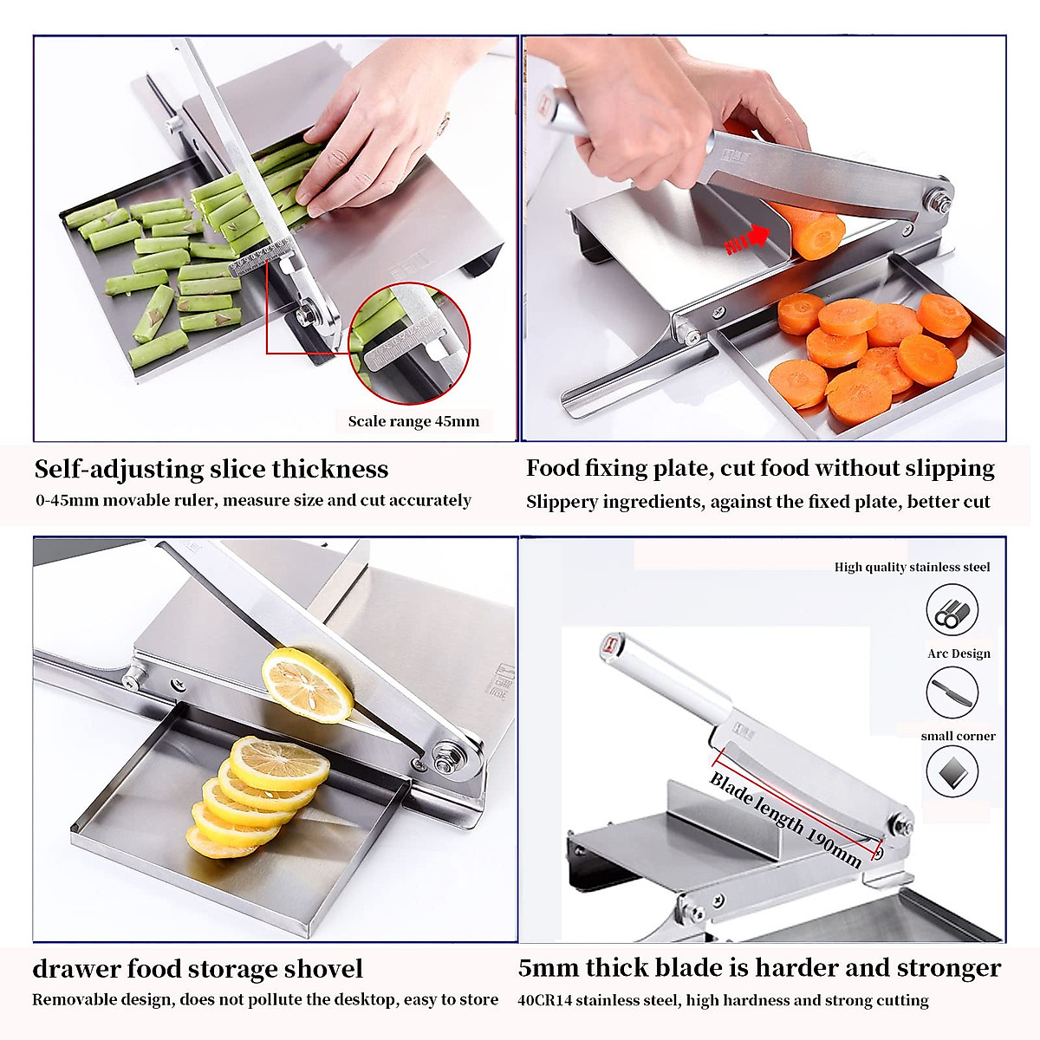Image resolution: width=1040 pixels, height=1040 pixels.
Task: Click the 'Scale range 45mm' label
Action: pyautogui.click(x=413, y=421)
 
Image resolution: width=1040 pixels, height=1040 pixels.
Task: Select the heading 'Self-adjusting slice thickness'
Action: pyautogui.click(x=211, y=469)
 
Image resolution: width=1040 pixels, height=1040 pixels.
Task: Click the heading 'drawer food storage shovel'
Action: pyautogui.click(x=198, y=968)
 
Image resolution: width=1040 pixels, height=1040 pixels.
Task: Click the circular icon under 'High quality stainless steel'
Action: pyautogui.click(x=952, y=610)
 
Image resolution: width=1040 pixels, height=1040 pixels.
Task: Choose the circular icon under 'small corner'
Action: pyautogui.click(x=952, y=770)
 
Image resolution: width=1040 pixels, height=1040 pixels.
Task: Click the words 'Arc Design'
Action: pyautogui.click(x=959, y=653)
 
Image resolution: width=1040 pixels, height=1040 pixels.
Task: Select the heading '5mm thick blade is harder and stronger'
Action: pyautogui.click(x=759, y=967)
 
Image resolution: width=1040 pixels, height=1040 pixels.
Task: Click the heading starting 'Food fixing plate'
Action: pyautogui.click(x=760, y=468)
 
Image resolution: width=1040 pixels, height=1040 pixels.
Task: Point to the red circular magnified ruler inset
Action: pyautogui.click(x=409, y=345)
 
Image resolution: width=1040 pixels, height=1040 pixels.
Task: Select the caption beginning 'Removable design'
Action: pyautogui.click(x=265, y=999)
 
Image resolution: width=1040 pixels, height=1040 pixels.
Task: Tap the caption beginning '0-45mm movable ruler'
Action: pyautogui.click(x=253, y=500)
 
